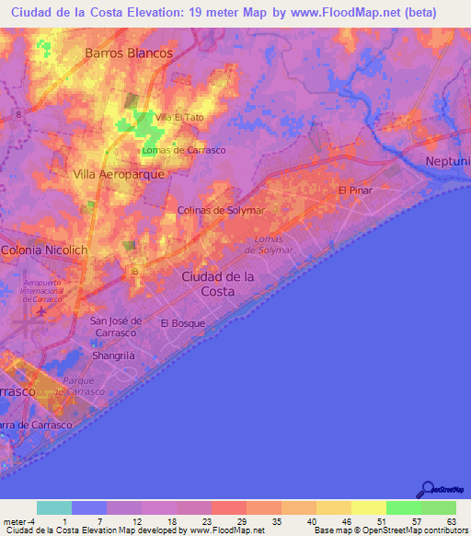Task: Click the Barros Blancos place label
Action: [129, 53]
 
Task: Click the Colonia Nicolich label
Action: [43, 250]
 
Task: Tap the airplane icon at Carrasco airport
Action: [40, 313]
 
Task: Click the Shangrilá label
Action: [113, 355]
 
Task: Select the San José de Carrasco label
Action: [114, 326]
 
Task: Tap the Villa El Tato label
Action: [178, 117]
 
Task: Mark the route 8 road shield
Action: [18, 112]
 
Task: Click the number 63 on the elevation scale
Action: [451, 522]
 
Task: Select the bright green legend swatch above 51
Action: [403, 507]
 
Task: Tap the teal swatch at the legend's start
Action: [53, 507]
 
